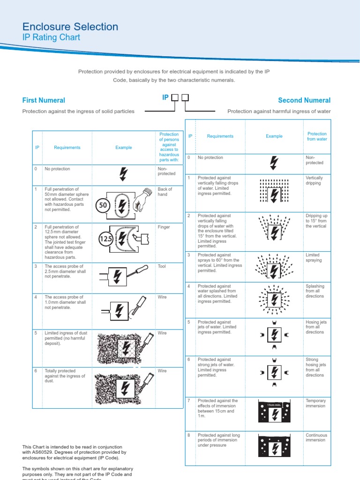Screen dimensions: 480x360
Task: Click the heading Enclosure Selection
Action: [x=70, y=27]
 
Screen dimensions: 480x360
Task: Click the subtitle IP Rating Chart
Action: [x=51, y=37]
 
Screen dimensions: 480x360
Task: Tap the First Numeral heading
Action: [x=44, y=100]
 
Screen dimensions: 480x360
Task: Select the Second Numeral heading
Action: [x=304, y=100]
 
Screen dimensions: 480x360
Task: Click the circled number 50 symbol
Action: [x=103, y=205]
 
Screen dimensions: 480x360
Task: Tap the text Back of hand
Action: [x=165, y=192]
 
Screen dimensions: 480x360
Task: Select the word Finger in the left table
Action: [x=164, y=227]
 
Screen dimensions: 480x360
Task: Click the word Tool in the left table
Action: [x=162, y=266]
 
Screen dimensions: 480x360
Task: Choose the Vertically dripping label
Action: [x=314, y=180]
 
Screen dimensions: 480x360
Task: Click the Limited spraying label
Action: [x=314, y=257]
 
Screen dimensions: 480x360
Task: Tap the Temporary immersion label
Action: [x=315, y=403]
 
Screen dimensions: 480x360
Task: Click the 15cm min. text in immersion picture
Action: [x=274, y=405]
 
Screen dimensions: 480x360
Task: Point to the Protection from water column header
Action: [x=317, y=136]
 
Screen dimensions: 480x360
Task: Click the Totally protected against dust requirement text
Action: [x=65, y=376]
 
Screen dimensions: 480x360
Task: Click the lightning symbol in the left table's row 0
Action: [x=123, y=173]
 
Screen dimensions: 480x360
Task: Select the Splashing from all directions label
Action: [x=315, y=291]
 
